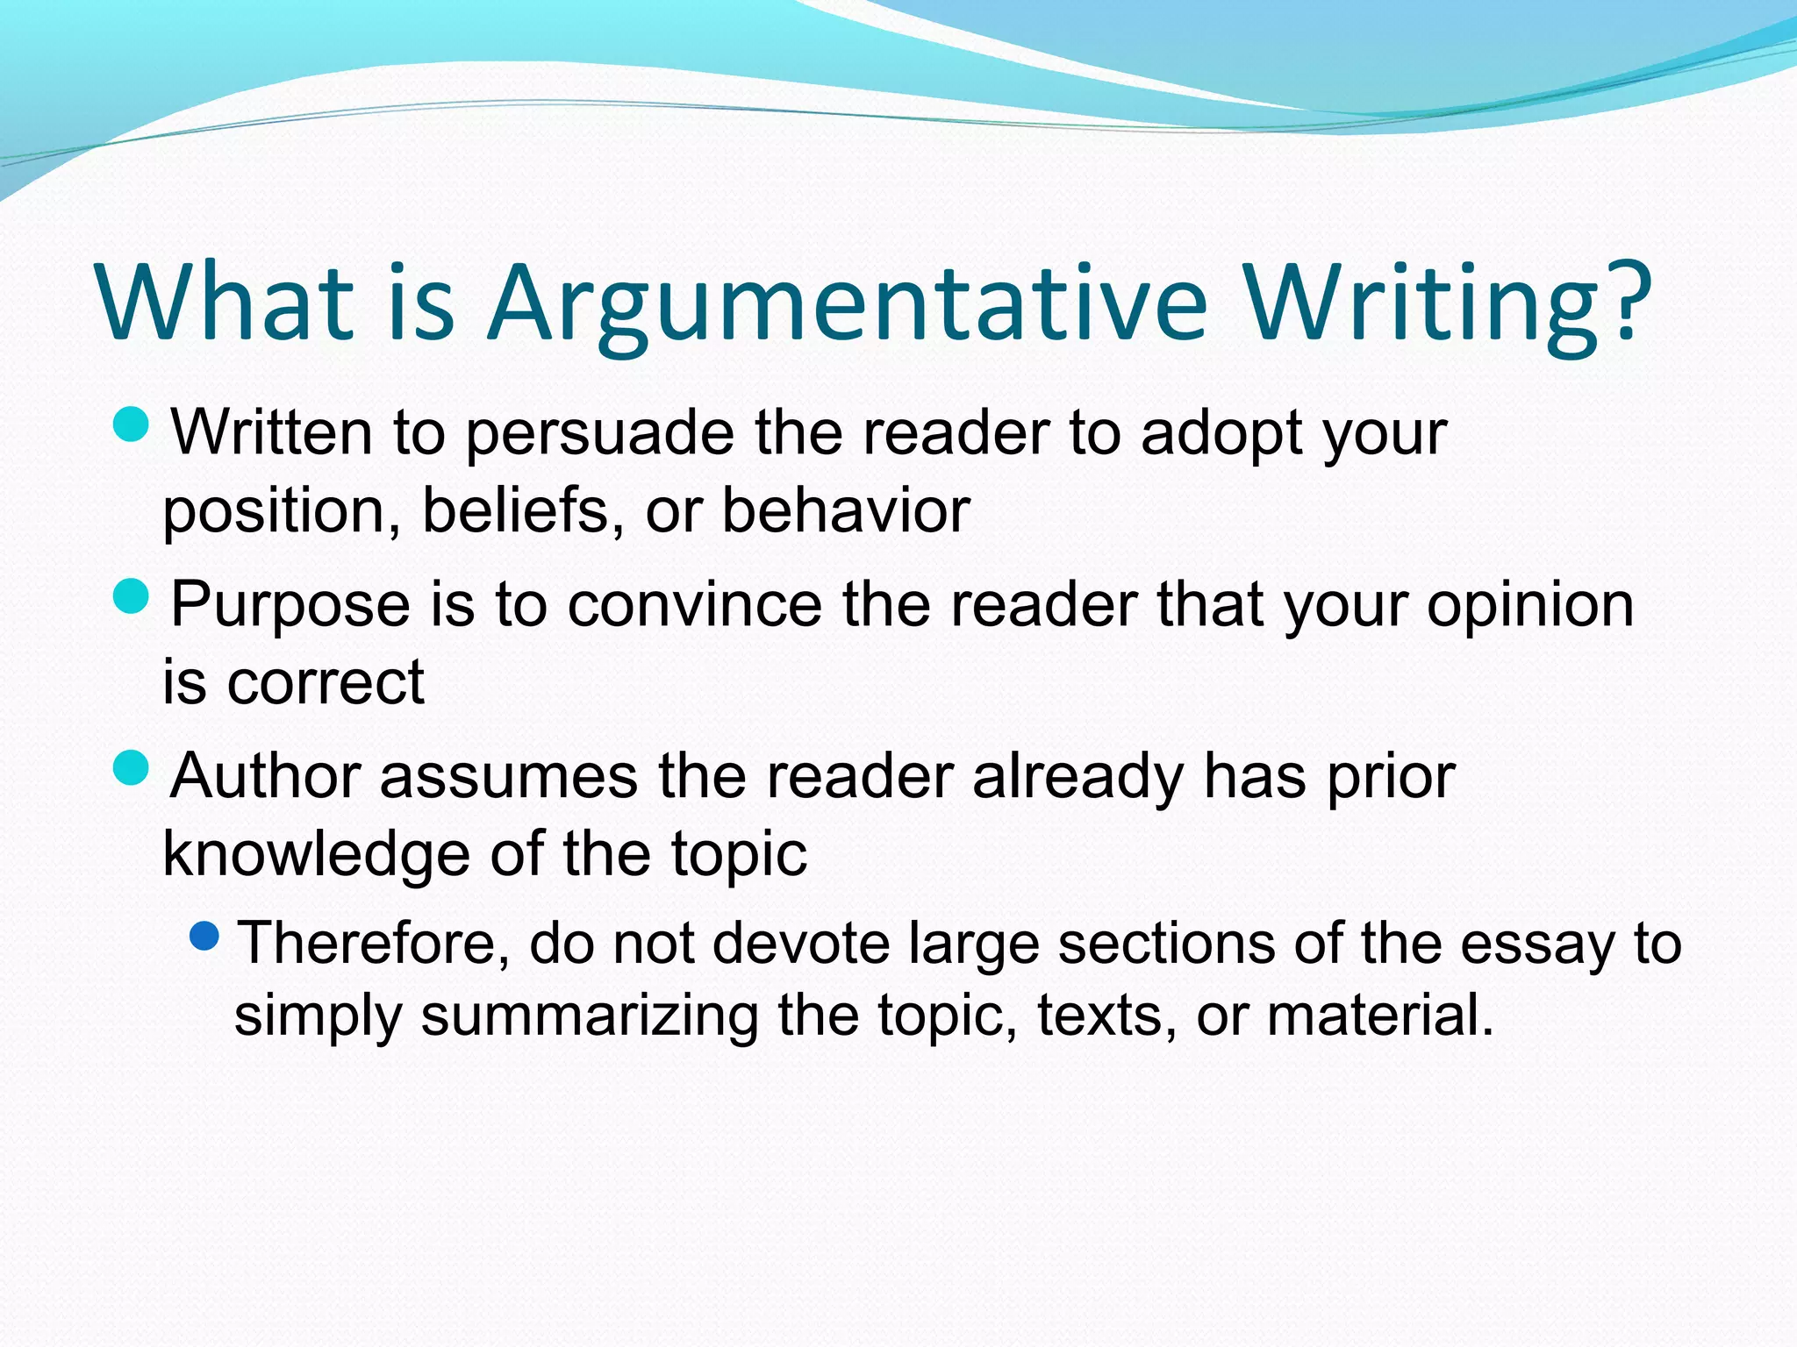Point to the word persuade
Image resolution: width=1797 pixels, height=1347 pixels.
point(599,434)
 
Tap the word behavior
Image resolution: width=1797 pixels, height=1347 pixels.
point(846,510)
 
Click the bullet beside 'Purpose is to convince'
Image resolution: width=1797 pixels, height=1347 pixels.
point(132,597)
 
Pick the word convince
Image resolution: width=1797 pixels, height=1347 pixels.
point(694,605)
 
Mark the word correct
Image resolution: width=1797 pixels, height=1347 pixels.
point(326,683)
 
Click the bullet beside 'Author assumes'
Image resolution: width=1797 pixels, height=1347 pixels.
point(132,768)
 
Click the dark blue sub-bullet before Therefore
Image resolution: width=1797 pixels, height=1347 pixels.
point(204,937)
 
